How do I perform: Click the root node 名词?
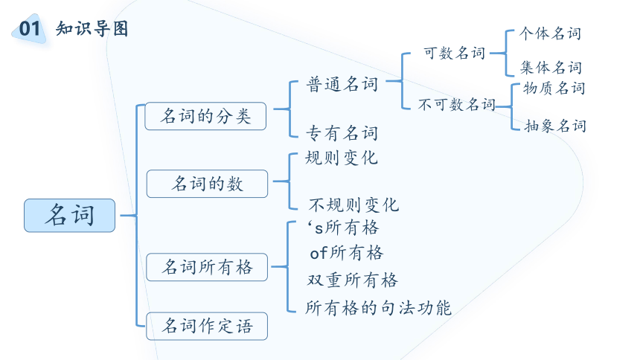(69, 216)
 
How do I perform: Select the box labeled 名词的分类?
(205, 116)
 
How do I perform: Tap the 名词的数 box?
(208, 184)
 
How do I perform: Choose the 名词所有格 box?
(207, 267)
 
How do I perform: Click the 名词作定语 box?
(207, 326)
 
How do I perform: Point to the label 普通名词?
(342, 84)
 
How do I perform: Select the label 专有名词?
(342, 133)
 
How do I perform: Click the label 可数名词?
(454, 53)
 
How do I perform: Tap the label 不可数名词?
(457, 104)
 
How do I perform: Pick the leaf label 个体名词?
(550, 33)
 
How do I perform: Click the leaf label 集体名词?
(551, 68)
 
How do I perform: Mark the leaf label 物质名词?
(554, 88)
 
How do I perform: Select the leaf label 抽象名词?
(555, 126)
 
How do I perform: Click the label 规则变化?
(342, 158)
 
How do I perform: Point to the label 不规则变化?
(353, 205)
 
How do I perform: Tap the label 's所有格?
(344, 228)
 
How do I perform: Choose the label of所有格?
(347, 253)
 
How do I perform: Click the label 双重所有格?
(352, 280)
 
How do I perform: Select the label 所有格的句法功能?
(378, 308)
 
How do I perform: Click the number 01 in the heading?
(29, 28)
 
